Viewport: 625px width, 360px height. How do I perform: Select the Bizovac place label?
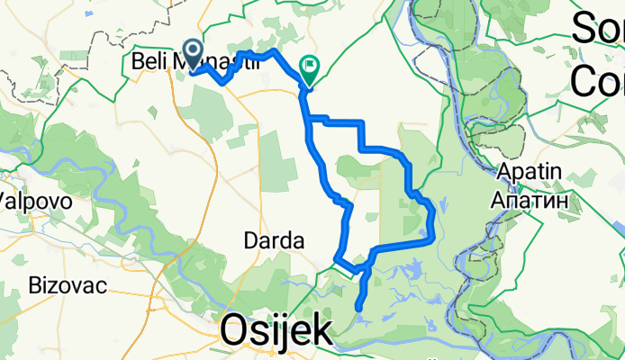pos(68,286)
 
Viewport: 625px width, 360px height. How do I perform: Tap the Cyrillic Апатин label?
pos(530,202)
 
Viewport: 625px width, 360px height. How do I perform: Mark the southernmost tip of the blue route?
pos(359,309)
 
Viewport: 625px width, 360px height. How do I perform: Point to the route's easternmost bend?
pos(435,212)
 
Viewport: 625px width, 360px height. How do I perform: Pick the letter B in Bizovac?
pos(36,286)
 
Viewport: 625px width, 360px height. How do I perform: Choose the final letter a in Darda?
pos(298,241)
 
